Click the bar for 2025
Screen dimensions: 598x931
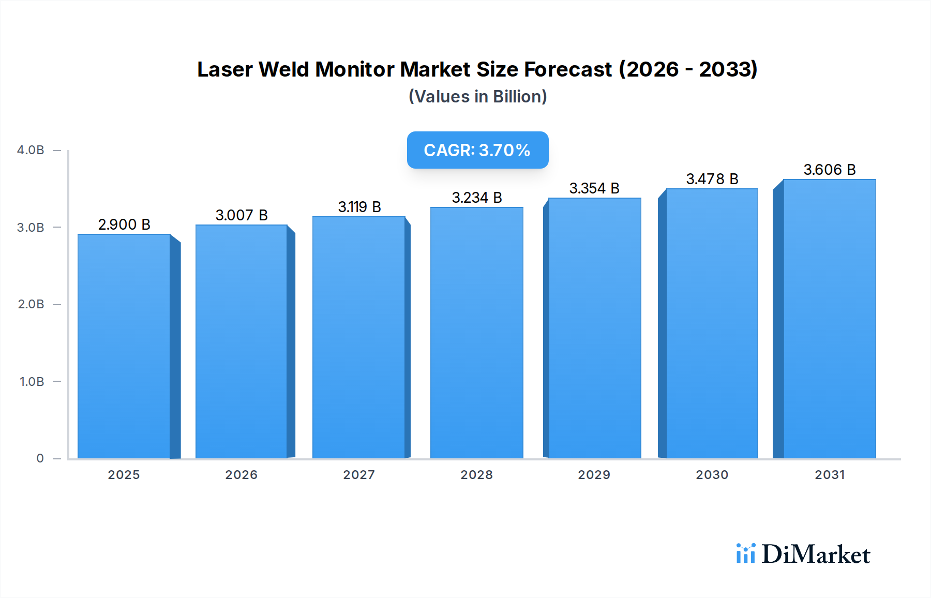click(x=124, y=346)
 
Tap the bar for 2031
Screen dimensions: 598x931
click(x=829, y=319)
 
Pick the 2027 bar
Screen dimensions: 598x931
click(x=358, y=337)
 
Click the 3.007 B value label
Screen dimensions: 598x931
click(x=242, y=215)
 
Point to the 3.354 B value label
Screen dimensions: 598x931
click(x=594, y=188)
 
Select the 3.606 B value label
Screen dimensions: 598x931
click(x=829, y=170)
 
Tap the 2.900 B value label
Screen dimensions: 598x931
click(x=124, y=225)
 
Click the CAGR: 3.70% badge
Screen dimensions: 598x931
click(x=477, y=150)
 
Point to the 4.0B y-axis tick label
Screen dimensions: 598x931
click(x=31, y=150)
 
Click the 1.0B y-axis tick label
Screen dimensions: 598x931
click(x=32, y=382)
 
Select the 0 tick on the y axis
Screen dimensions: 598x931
click(x=40, y=458)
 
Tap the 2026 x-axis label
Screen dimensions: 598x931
click(x=241, y=475)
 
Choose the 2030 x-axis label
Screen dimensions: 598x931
click(x=712, y=475)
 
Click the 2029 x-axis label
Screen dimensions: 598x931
click(x=594, y=475)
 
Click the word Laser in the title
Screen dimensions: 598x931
click(x=225, y=69)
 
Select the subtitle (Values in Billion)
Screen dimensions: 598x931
click(x=477, y=97)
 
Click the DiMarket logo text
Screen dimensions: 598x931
click(x=816, y=555)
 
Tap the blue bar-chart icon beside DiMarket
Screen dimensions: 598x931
click(x=745, y=554)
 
